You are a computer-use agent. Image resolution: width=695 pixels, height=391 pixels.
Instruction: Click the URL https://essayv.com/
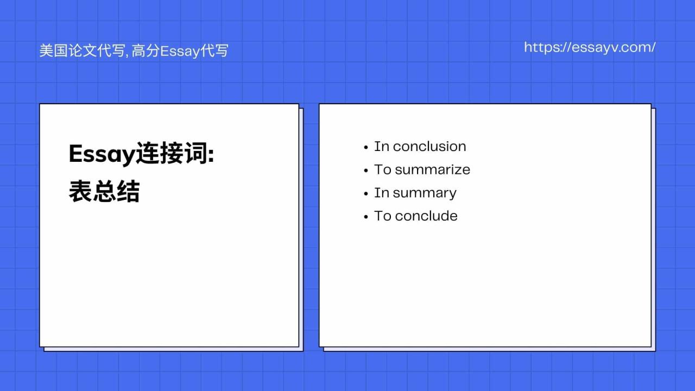click(x=590, y=47)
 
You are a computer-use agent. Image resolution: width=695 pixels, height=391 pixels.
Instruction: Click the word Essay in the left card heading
click(x=102, y=155)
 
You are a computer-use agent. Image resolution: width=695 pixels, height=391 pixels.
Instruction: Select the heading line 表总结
click(x=104, y=192)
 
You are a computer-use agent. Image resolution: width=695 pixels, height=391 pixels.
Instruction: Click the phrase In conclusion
click(x=420, y=147)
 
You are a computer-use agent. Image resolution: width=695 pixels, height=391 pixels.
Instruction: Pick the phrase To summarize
click(x=422, y=169)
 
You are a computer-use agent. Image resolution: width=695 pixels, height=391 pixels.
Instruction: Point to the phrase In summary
click(x=415, y=193)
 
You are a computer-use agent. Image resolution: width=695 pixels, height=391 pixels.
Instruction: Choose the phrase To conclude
click(x=415, y=216)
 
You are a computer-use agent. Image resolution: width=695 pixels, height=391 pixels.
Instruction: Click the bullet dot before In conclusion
click(x=366, y=147)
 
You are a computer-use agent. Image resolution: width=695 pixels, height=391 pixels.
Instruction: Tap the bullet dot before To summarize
click(x=366, y=171)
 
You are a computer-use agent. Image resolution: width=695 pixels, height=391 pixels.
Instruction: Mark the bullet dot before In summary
click(x=366, y=194)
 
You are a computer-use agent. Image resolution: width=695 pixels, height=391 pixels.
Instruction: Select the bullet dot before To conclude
click(x=366, y=217)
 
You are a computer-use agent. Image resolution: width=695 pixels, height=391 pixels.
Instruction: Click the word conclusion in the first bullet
click(x=429, y=147)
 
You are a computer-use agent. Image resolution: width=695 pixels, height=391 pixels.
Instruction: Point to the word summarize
click(x=433, y=169)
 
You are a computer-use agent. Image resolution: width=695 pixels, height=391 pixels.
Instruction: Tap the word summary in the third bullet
click(x=425, y=193)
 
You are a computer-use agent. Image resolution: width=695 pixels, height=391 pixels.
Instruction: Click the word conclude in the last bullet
click(x=426, y=216)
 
